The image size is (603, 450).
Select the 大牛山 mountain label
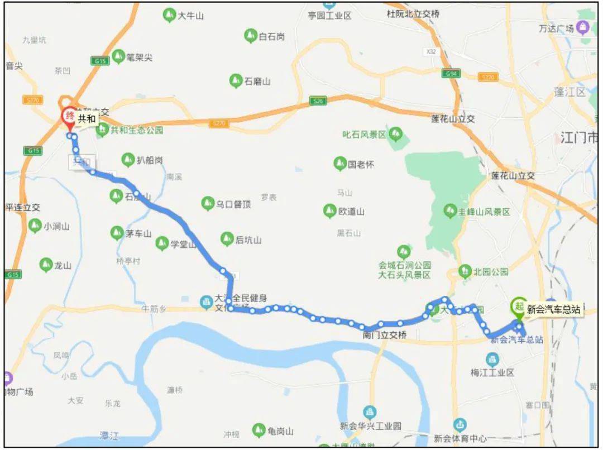point(190,16)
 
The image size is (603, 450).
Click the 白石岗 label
point(272,37)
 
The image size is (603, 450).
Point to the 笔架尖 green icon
point(118,56)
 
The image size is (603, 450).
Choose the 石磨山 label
point(257,81)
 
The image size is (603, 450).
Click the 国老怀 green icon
point(339,164)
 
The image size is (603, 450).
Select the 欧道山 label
point(352,212)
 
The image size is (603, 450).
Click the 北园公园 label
point(491,272)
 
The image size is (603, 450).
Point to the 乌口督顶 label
point(233,204)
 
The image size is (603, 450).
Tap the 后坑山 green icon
point(227,240)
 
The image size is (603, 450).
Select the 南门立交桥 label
point(385,335)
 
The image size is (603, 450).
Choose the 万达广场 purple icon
point(583,26)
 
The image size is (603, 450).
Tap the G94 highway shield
point(451,73)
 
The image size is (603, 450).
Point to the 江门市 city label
point(578,137)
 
